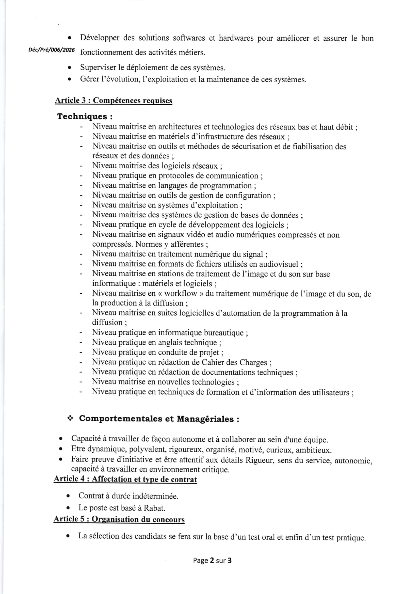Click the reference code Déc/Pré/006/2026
[x=52, y=50]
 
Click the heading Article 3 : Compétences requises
[x=113, y=100]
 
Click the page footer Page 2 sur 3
[x=212, y=560]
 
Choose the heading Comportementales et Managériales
[x=159, y=419]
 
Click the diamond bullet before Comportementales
[x=70, y=418]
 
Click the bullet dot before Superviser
[x=69, y=68]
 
